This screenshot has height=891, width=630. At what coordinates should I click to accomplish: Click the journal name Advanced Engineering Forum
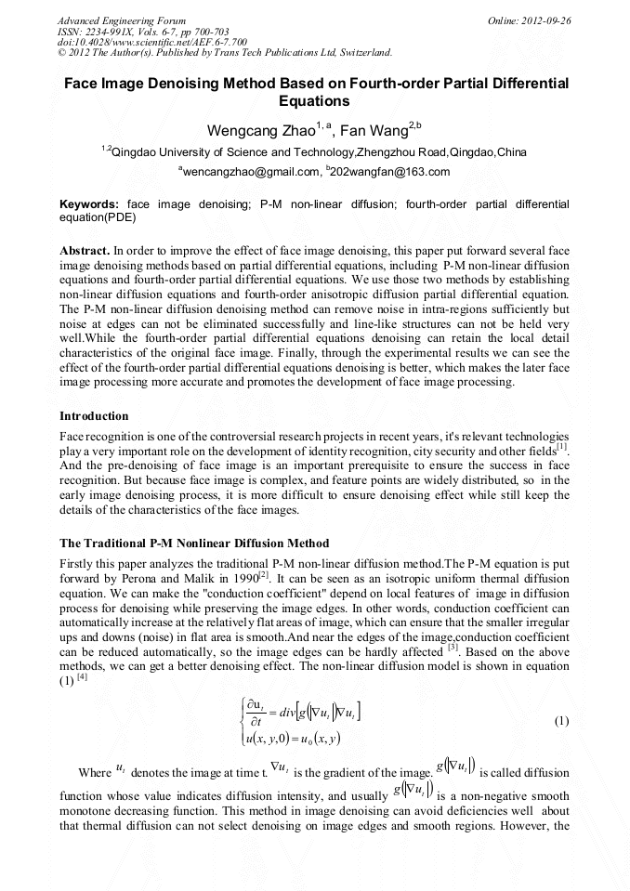(121, 20)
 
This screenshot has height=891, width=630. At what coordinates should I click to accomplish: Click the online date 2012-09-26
(545, 20)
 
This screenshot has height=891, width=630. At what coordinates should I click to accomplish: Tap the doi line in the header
(152, 42)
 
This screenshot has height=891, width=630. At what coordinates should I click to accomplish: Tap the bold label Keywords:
(89, 203)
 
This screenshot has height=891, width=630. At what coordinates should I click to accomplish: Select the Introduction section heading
(94, 415)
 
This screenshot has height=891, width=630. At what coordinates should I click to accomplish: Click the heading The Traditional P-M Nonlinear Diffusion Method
(194, 543)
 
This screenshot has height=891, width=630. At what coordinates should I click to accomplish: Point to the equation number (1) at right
(560, 721)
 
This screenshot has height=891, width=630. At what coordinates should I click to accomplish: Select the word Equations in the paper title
(314, 101)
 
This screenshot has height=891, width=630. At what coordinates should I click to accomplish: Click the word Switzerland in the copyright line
(361, 53)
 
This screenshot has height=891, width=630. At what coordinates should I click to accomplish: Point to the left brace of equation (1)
(242, 722)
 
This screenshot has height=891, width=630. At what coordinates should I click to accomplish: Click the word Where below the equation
(95, 773)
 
